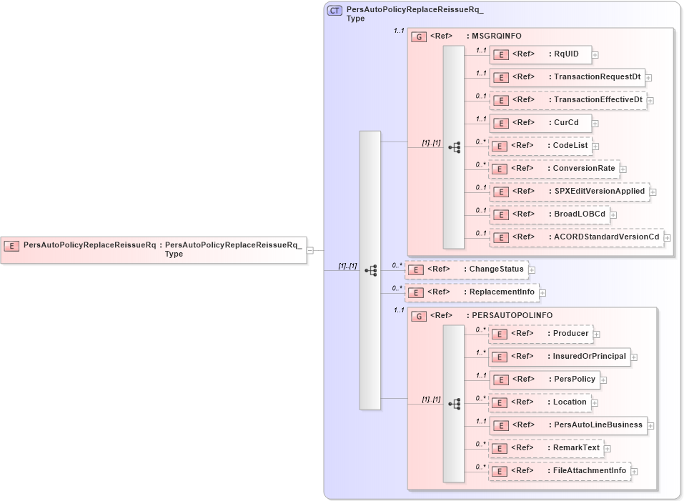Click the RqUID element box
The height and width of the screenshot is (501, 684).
(540, 54)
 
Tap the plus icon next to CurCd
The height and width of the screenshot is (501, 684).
(595, 124)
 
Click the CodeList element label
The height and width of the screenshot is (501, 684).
(570, 146)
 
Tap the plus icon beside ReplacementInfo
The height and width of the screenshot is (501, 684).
(543, 292)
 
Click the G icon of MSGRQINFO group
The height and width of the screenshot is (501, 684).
(420, 36)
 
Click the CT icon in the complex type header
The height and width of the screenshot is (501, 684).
(334, 11)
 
